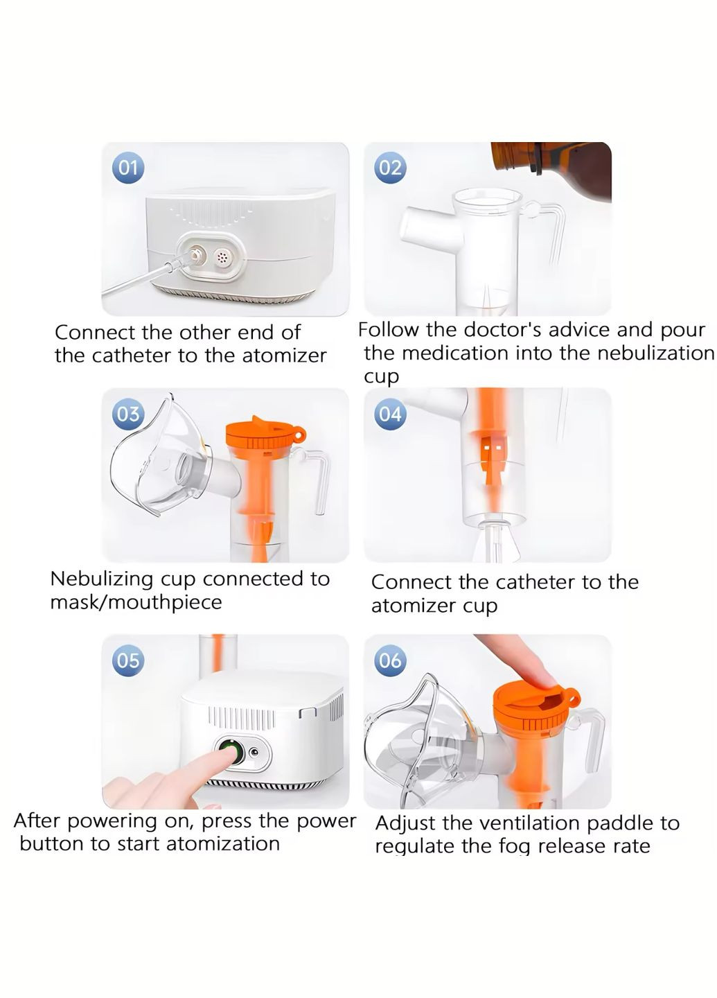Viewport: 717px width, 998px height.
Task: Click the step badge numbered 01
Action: pyautogui.click(x=127, y=168)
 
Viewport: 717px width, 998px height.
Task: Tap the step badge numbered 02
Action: pyautogui.click(x=390, y=168)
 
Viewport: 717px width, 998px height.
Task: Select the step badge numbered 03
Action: pyautogui.click(x=127, y=414)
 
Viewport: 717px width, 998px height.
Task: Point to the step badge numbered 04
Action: pyautogui.click(x=390, y=414)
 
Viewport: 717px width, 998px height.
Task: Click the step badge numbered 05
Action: pyautogui.click(x=127, y=660)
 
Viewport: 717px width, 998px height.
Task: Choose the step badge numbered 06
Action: pyautogui.click(x=390, y=660)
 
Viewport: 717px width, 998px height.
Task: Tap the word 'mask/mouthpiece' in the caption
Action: pyautogui.click(x=136, y=603)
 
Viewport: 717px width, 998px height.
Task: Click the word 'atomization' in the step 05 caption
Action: pyautogui.click(x=222, y=844)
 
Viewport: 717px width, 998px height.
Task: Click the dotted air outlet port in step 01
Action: pyautogui.click(x=222, y=257)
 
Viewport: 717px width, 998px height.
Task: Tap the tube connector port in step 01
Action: pyautogui.click(x=195, y=256)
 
